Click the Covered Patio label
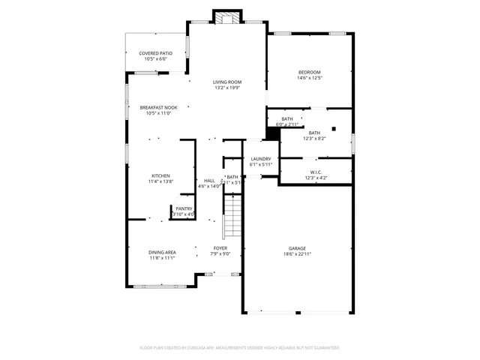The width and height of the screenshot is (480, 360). [x=155, y=53]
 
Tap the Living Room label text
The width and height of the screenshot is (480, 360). [x=227, y=82]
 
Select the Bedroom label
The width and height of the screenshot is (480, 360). [x=309, y=72]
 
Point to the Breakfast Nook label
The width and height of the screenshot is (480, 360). [x=158, y=107]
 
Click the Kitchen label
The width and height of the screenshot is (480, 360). [x=160, y=175]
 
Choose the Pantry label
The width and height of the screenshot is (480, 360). [x=184, y=208]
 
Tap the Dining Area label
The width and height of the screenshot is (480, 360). [x=160, y=253]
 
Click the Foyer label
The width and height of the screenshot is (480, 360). [x=220, y=248]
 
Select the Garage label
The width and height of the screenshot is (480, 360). [x=298, y=248]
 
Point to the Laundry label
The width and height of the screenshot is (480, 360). [x=261, y=159]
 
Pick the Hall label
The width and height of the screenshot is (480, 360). [x=209, y=181]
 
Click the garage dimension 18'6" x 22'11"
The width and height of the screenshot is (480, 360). [x=298, y=254]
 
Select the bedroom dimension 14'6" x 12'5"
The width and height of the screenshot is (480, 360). [x=309, y=78]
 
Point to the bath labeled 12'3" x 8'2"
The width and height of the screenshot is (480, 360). [x=314, y=136]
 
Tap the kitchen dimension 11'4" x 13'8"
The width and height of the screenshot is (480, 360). [x=160, y=181]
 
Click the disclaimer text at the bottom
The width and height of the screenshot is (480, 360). [x=240, y=347]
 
